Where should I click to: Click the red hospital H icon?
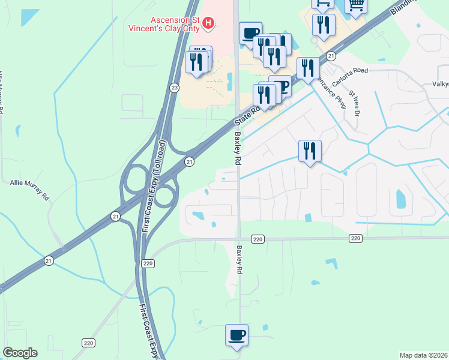208,23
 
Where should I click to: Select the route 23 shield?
174,88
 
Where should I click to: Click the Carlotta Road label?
351,70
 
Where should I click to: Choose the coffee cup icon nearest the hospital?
250,32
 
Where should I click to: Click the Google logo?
20,353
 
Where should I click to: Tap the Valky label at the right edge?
441,85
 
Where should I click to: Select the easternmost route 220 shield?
356,239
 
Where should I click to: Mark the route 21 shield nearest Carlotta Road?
331,56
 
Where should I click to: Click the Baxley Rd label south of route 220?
240,257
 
